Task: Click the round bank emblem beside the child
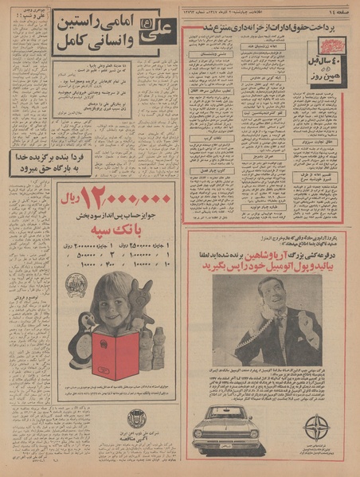[76, 286]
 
